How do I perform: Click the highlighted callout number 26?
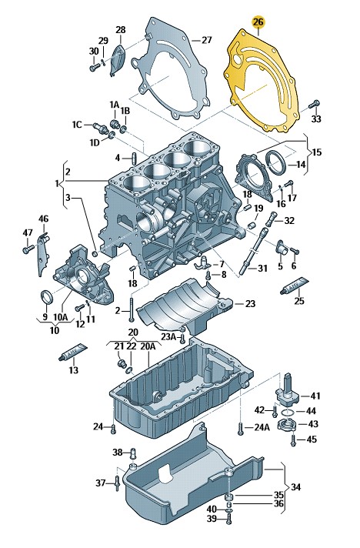click(258, 22)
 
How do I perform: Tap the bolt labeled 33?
click(315, 104)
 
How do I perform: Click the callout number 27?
click(207, 40)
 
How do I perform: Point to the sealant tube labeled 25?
click(295, 285)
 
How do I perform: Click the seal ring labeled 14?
click(276, 162)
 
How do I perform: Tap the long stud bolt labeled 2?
click(131, 309)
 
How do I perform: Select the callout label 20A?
click(148, 346)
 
